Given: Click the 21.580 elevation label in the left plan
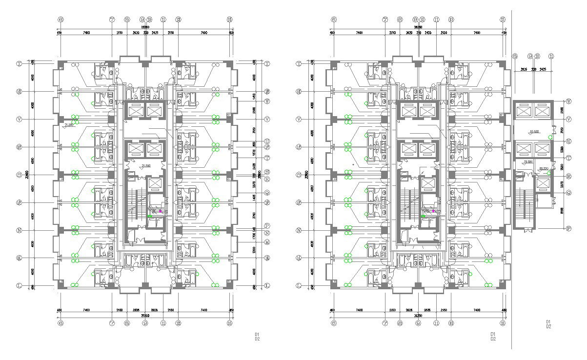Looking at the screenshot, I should click(x=69, y=125).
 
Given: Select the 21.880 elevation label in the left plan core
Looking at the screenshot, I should click(x=145, y=166).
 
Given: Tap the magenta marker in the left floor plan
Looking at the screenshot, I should click(x=160, y=211).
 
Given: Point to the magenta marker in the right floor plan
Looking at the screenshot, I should click(x=433, y=211).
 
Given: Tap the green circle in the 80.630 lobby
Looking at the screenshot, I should click(x=550, y=138).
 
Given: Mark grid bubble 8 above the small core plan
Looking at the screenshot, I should click(x=515, y=56).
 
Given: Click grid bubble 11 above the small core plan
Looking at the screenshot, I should click(x=551, y=56).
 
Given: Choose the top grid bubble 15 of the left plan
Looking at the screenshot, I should click(x=229, y=20).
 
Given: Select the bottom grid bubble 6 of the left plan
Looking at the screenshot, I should click(x=61, y=322).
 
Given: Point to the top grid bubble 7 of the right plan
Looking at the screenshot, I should click(x=385, y=20).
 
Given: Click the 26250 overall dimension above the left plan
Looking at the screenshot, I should click(x=145, y=27).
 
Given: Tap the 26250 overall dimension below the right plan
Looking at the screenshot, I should click(x=418, y=316).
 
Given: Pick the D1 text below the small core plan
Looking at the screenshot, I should click(x=548, y=321).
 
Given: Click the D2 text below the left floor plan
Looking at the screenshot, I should click(x=257, y=339).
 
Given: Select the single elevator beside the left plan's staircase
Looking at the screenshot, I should click(x=155, y=184).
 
